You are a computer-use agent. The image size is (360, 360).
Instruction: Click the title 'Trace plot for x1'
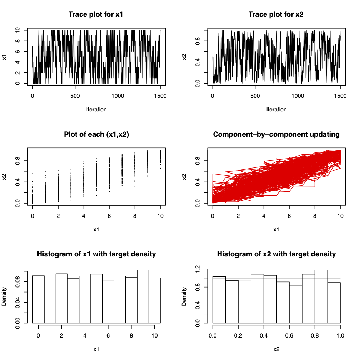[96, 15]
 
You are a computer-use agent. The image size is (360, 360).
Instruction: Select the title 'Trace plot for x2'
[276, 15]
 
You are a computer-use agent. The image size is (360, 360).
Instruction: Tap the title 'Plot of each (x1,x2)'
[96, 135]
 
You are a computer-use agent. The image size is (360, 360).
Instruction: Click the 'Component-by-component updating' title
[276, 135]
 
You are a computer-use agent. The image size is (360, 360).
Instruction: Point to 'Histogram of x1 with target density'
[96, 254]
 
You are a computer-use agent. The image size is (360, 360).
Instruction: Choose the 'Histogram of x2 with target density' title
[276, 254]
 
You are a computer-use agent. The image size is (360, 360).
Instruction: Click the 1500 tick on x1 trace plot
[160, 96]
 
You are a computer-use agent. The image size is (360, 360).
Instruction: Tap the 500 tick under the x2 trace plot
[255, 96]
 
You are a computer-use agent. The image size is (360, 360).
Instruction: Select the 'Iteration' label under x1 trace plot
[96, 110]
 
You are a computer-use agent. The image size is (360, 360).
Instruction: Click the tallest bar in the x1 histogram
[143, 296]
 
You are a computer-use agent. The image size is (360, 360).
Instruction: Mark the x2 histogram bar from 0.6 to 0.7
[295, 304]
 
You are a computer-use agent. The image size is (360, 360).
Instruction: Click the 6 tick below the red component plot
[289, 216]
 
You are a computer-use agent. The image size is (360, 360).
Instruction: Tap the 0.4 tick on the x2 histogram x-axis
[264, 336]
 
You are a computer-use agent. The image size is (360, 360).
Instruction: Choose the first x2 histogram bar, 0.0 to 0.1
[219, 300]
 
